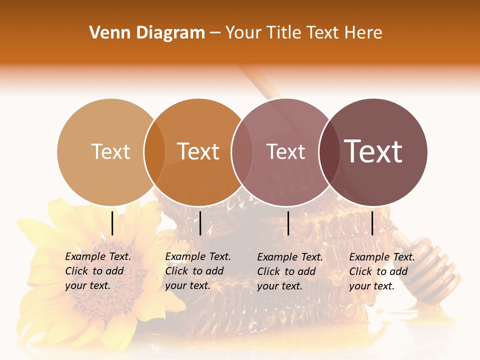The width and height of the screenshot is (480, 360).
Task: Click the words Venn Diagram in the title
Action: click(x=147, y=33)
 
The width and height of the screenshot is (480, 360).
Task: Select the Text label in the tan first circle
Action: click(x=111, y=151)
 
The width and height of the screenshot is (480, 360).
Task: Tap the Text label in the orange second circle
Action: click(x=198, y=151)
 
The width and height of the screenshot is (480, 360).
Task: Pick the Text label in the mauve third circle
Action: click(x=285, y=151)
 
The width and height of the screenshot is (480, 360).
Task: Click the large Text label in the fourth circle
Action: click(x=373, y=151)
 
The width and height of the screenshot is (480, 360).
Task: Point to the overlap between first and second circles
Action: click(x=154, y=152)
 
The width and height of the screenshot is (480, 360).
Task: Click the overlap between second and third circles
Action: click(x=242, y=152)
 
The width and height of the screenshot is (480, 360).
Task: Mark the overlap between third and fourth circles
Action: click(x=329, y=152)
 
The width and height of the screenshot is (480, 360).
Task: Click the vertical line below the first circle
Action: click(x=112, y=223)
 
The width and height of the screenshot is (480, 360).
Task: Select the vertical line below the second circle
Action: click(x=200, y=223)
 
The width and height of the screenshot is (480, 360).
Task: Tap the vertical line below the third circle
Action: click(x=288, y=223)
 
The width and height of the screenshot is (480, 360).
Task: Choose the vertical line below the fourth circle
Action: click(x=372, y=223)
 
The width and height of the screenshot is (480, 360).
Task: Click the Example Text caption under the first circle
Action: click(x=97, y=271)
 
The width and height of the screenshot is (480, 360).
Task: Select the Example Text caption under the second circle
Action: click(x=197, y=271)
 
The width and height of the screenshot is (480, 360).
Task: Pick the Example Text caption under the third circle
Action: click(x=289, y=271)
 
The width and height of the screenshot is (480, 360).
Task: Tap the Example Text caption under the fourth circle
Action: click(x=381, y=271)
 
